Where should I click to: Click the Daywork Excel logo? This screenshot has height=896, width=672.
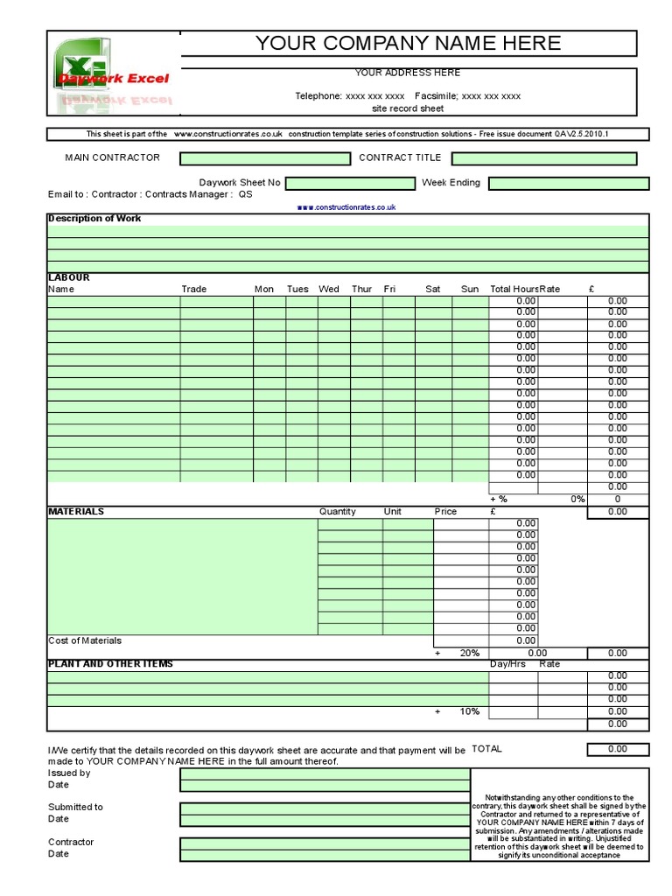pos(113,77)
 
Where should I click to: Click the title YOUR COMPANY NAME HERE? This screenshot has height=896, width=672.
pos(408,44)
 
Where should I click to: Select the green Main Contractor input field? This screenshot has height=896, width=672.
pos(264,158)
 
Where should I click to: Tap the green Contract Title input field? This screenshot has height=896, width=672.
pos(544,158)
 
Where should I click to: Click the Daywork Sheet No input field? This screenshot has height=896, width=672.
pos(350,183)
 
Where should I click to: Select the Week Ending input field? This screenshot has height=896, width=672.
pos(569,183)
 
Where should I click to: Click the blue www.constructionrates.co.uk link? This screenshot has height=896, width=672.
pos(346,207)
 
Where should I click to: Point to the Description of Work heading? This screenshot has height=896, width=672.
pos(94,219)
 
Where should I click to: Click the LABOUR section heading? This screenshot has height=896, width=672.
pos(68,277)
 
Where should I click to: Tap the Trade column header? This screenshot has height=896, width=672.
pos(194,289)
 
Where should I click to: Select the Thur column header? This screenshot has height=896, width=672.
pos(361,289)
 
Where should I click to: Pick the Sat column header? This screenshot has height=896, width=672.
pos(433,289)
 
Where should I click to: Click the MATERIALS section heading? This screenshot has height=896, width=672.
pos(76,511)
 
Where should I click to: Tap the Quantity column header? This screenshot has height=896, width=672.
pos(337,511)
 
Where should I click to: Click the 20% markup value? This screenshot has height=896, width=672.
pos(469,653)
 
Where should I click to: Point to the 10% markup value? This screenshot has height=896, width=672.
pos(469,711)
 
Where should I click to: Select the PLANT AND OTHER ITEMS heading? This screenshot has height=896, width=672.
pos(110,664)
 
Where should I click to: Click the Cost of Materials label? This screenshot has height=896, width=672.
pos(85,640)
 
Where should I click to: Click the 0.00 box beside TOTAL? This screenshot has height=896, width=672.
pos(618,749)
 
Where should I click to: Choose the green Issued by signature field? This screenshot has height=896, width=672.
pos(325,773)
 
